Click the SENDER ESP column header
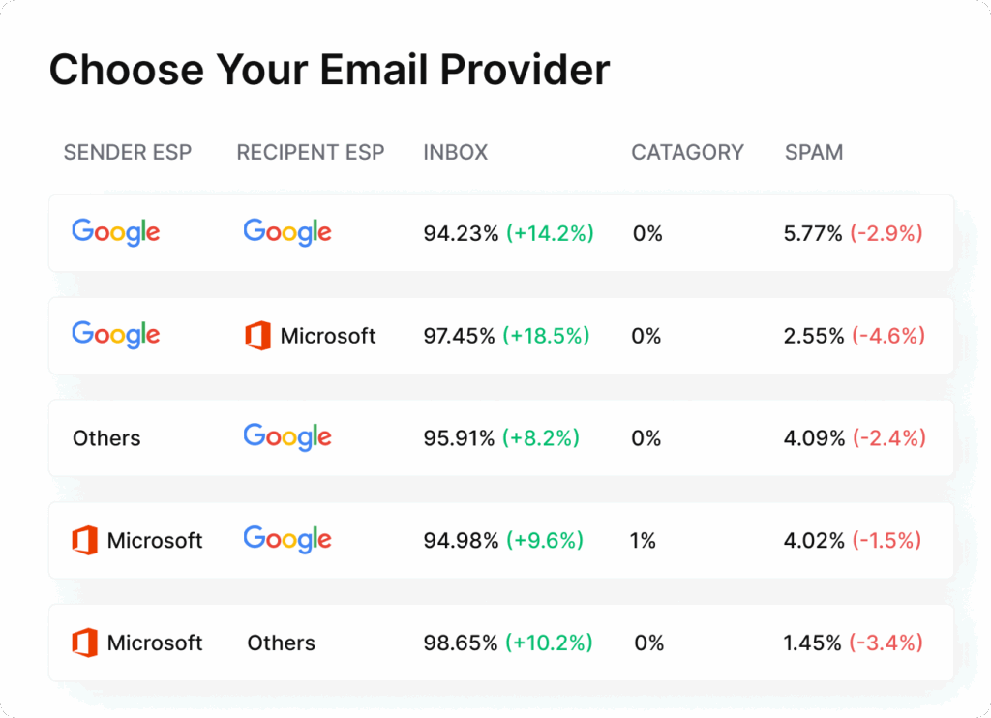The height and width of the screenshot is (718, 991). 128,152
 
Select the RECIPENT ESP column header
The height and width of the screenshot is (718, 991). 310,152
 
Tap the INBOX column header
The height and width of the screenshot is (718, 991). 456,152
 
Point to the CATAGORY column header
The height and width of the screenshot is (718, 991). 687,152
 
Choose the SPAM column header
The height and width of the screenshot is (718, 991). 814,152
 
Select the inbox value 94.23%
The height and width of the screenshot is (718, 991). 461,233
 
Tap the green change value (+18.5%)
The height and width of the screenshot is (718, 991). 547,336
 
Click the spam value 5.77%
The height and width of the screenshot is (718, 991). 813,233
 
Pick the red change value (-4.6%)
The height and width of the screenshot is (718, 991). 887,336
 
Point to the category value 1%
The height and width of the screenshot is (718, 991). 643,541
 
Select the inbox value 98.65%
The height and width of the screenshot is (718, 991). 461,643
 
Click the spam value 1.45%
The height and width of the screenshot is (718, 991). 813,643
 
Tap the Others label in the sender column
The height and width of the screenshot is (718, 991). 106,438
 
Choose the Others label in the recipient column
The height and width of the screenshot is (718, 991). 281,643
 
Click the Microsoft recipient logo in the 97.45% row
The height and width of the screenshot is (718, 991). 310,336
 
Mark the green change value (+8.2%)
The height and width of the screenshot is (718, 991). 541,438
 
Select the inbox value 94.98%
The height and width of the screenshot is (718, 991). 461,541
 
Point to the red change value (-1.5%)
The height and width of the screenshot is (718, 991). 886,541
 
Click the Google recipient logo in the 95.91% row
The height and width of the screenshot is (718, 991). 287,436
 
